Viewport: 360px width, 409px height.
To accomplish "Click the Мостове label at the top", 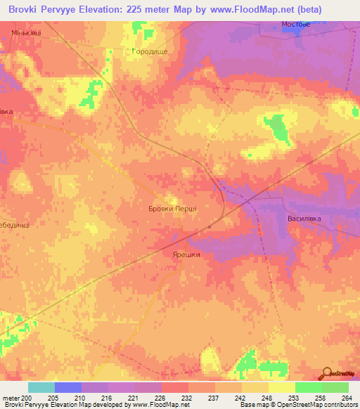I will click(x=296, y=23).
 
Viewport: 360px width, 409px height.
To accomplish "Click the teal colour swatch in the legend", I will click(x=41, y=387).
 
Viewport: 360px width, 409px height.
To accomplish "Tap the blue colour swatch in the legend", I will click(x=68, y=387).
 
